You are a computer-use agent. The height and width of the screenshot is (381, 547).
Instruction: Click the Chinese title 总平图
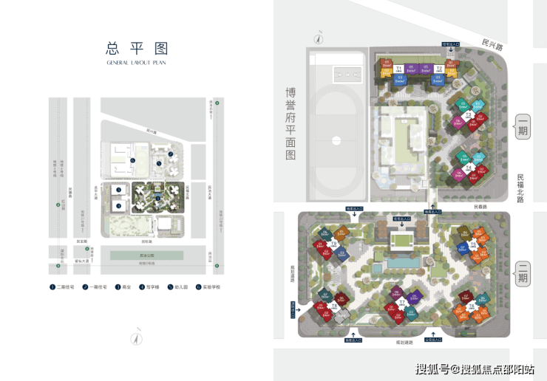137,49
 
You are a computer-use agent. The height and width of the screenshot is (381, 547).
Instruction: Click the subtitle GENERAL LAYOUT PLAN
137,63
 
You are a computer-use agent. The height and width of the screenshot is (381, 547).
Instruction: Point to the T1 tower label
398,68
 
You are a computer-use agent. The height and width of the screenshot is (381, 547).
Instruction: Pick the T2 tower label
438,69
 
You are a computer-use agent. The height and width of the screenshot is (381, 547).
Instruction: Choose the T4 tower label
468,168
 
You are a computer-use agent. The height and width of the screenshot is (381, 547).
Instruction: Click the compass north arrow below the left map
136,339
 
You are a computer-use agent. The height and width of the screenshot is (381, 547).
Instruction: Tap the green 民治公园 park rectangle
146,255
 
